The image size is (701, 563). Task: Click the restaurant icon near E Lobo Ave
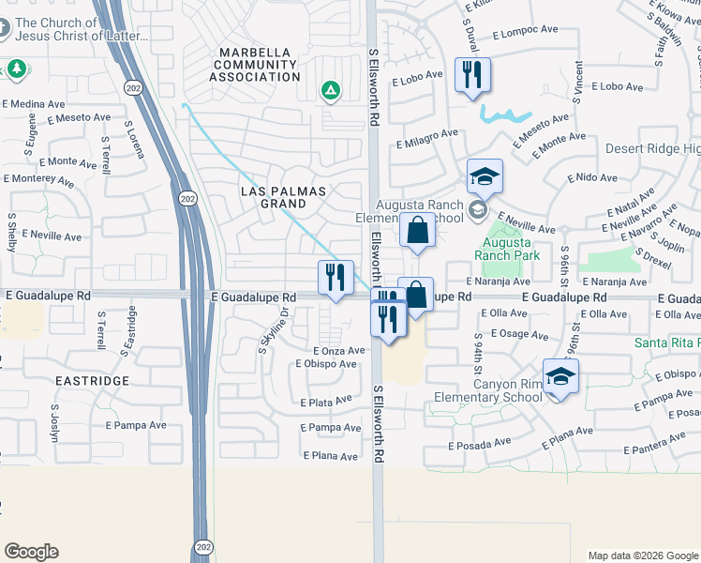pos(471,74)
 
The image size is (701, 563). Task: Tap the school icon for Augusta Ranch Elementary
pos(485,175)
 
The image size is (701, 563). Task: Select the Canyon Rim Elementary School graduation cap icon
pos(560,376)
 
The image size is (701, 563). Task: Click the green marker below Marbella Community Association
pos(330,91)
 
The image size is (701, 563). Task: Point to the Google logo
pos(31,552)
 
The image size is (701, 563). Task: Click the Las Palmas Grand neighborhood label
pos(283,197)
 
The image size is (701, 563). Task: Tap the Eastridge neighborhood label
pos(92,381)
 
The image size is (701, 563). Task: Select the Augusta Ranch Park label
pos(507,247)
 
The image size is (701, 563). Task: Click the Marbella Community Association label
pos(258,65)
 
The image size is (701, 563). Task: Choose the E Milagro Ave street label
pos(426,140)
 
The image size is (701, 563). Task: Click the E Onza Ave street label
pos(338,350)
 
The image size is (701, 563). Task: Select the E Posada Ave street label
pos(479,443)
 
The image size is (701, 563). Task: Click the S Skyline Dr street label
pos(272,330)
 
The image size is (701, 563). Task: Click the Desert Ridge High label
pos(652,149)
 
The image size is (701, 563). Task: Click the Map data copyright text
pos(642,555)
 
